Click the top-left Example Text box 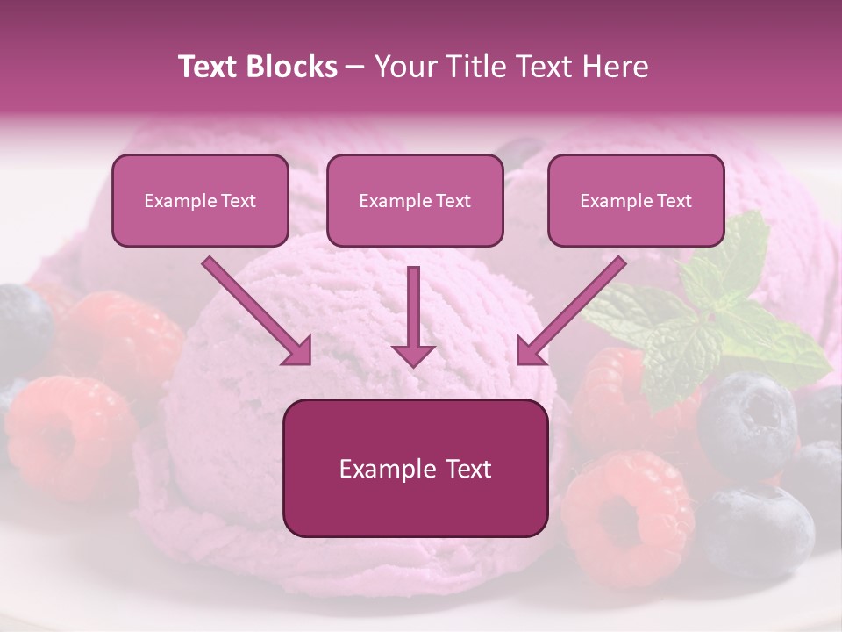tap(200, 200)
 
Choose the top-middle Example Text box tap(415, 200)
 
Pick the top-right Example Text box tap(636, 200)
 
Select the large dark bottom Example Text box tap(415, 468)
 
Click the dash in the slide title tap(355, 67)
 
